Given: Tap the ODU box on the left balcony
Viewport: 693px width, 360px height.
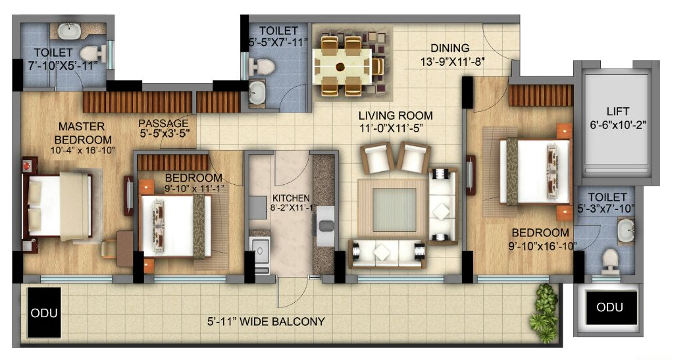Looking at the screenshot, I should tap(45, 313).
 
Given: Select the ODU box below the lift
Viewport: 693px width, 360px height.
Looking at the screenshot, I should tap(609, 307).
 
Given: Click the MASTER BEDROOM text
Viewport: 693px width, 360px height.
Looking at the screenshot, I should tap(84, 133).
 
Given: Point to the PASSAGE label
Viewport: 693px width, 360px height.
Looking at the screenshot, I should tap(163, 123).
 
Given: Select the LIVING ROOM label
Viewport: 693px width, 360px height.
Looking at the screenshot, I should tap(396, 116).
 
